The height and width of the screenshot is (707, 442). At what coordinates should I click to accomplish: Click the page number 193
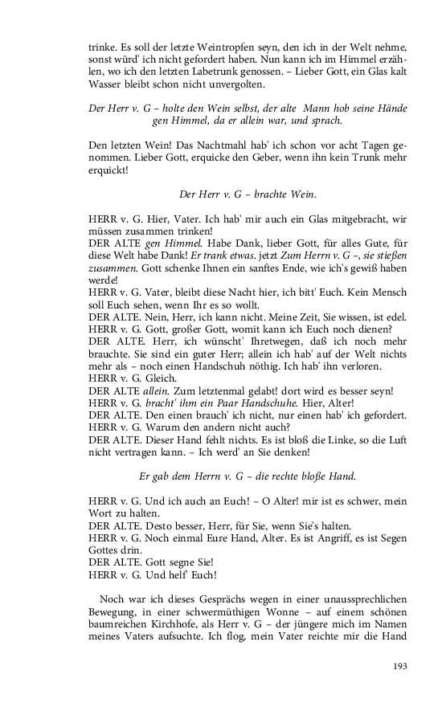(400, 666)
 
